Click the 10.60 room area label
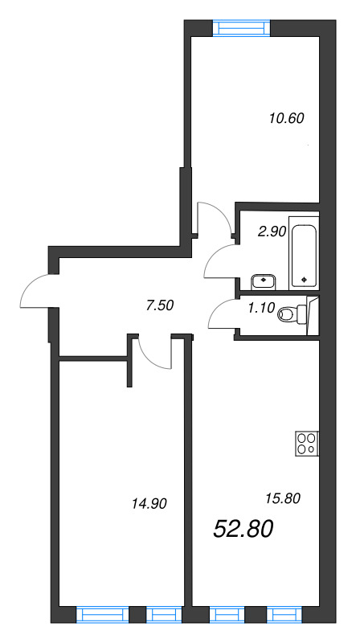click(285, 118)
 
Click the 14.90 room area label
click(148, 504)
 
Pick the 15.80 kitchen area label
click(282, 498)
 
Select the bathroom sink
click(264, 281)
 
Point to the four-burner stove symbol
click(305, 443)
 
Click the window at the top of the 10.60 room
click(242, 28)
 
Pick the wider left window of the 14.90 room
click(102, 615)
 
